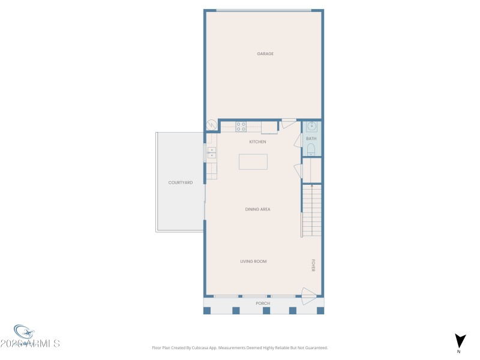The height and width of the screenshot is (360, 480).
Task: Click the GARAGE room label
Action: tap(265, 54)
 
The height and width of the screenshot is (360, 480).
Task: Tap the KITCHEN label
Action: tap(257, 142)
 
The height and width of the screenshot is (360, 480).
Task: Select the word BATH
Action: tap(311, 139)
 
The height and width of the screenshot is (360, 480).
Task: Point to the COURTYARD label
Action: tap(181, 182)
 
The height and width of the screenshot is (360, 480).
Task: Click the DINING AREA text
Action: tap(257, 209)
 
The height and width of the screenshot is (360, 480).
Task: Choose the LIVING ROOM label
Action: tap(253, 262)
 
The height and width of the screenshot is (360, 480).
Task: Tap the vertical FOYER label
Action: tap(313, 265)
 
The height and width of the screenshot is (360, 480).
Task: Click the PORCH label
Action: tap(263, 304)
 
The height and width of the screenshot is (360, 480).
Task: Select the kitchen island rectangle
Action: tap(253, 162)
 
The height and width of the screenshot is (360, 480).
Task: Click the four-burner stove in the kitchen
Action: tap(241, 127)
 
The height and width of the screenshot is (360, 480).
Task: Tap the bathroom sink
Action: tap(311, 127)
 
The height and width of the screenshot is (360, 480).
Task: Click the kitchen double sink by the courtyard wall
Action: tap(211, 152)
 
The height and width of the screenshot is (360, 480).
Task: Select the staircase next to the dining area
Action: tap(311, 210)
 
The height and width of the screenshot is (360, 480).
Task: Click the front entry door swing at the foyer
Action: tap(308, 294)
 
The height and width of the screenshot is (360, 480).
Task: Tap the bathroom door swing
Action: tap(297, 140)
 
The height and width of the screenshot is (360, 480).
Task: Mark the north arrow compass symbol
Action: tap(460, 341)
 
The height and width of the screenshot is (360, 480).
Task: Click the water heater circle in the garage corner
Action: tap(212, 125)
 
